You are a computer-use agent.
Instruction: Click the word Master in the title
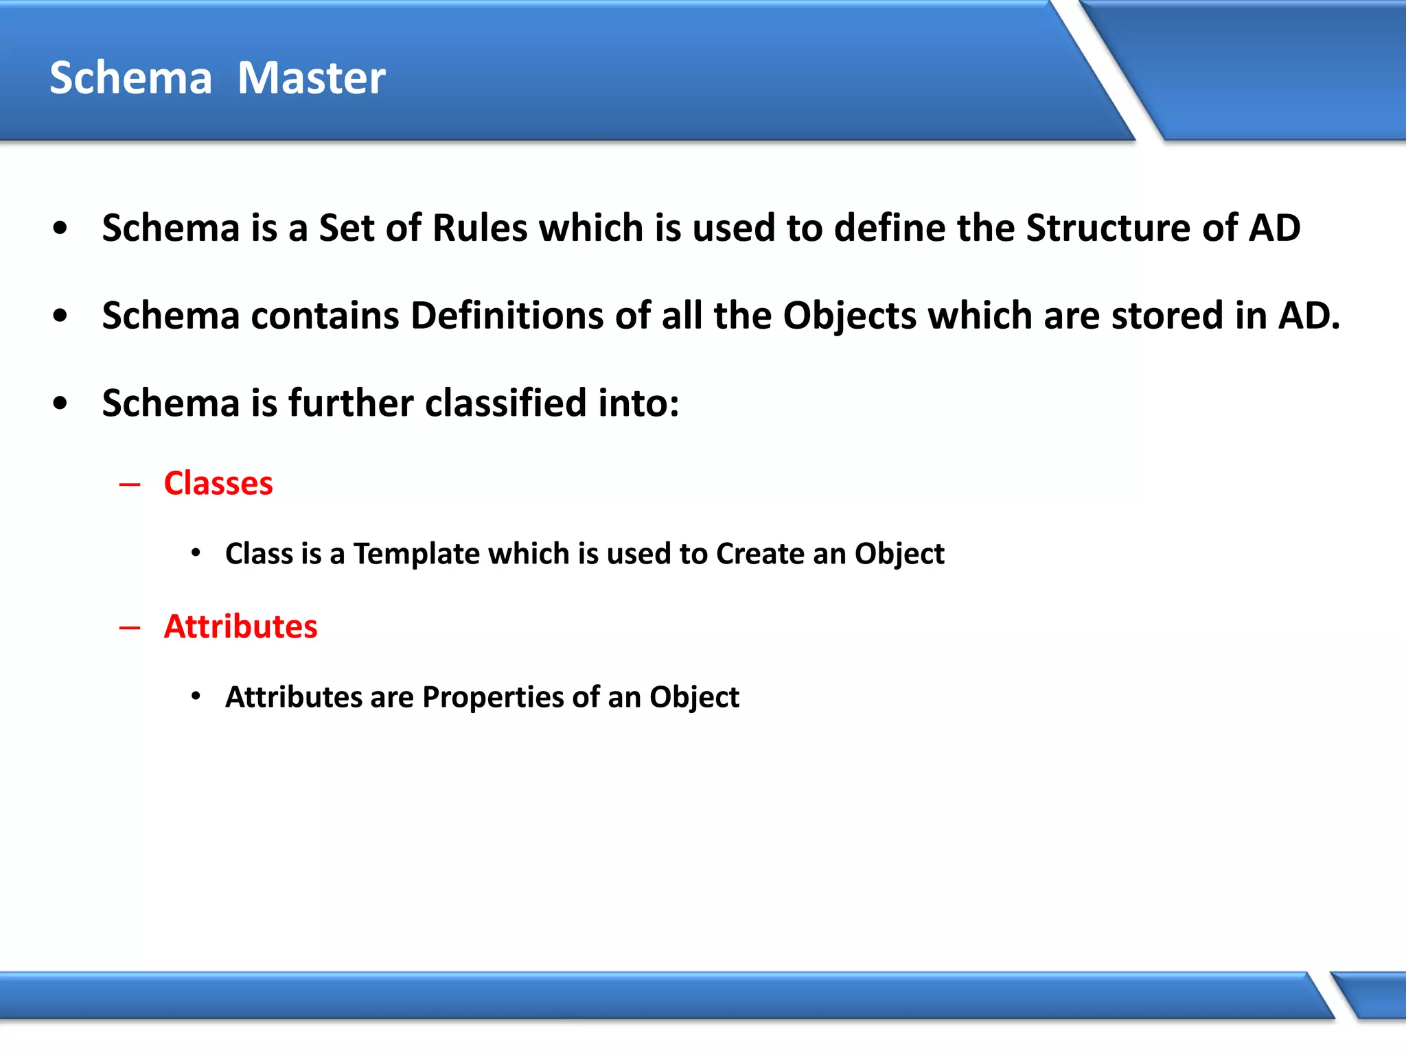[x=311, y=78]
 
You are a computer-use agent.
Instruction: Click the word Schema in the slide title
[x=130, y=78]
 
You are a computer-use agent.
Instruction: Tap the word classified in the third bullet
[x=505, y=403]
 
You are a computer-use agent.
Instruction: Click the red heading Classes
[x=218, y=483]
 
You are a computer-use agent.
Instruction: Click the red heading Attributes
[x=240, y=626]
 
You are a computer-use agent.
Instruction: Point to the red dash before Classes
[x=129, y=485]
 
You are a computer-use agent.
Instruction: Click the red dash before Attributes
[x=129, y=628]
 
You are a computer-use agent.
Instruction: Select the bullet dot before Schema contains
[x=60, y=316]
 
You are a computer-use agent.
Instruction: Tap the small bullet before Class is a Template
[x=196, y=553]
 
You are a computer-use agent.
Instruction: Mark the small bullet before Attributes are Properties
[x=196, y=696]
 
